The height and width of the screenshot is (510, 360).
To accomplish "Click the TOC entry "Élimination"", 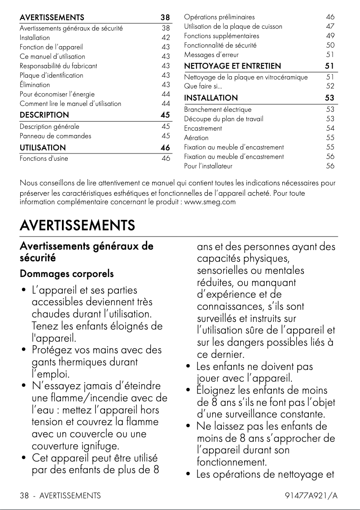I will point(35,84).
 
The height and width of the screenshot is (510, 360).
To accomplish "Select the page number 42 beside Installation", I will point(166,38).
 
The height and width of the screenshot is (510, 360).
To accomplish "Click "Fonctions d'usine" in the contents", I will point(44,158).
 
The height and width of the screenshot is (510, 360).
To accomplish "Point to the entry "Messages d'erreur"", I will point(209,55).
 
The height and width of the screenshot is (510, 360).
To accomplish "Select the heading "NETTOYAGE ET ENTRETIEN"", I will point(233,66).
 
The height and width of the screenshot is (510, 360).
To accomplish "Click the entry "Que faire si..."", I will point(203,86).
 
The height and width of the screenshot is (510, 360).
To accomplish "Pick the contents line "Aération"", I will point(196,138).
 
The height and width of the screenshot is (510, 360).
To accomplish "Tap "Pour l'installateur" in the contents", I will point(208,166).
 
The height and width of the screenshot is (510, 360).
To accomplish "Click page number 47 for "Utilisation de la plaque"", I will point(330,26).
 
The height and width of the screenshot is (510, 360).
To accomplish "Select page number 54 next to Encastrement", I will point(330,128).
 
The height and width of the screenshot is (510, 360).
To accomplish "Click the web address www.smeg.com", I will point(210,202).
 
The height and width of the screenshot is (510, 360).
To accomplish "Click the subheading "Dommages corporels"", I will point(66,273).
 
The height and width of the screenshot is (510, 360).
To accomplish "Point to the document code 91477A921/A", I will point(311,496).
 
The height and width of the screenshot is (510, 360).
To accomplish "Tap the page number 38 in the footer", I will point(24,496).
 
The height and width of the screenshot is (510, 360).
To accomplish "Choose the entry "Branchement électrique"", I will point(218,109).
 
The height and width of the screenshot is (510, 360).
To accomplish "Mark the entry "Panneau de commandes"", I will point(55,136).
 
